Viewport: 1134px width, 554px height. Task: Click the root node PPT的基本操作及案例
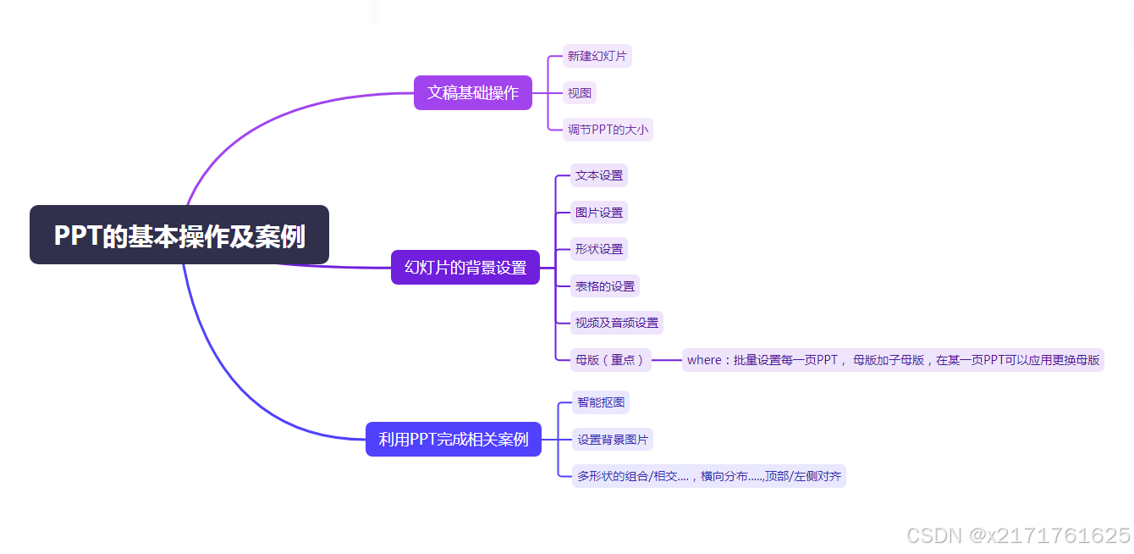[x=179, y=235]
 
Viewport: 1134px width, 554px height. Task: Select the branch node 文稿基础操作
[x=472, y=92]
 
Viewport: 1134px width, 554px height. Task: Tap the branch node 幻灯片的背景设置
[x=465, y=268]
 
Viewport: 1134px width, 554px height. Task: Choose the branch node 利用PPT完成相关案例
[x=453, y=439]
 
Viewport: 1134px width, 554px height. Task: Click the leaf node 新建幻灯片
[x=597, y=57]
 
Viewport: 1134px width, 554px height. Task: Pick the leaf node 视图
[x=580, y=93]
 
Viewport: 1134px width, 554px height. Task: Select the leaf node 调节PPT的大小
[x=608, y=130]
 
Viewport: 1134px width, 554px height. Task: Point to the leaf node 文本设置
[x=599, y=175]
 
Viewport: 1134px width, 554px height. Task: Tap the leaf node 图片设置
[x=599, y=213]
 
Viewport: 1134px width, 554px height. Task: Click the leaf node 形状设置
[x=599, y=249]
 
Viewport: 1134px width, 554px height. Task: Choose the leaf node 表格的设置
[x=605, y=286]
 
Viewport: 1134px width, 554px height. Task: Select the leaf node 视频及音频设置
[x=617, y=323]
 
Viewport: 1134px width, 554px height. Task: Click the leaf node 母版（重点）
[x=610, y=360]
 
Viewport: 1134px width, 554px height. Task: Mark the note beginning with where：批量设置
[x=893, y=360]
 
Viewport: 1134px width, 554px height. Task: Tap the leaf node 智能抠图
[x=601, y=402]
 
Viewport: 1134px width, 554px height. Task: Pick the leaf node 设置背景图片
[x=613, y=440]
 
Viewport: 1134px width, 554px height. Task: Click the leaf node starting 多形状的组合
[x=709, y=476]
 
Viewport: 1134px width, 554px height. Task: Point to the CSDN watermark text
[x=1018, y=535]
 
